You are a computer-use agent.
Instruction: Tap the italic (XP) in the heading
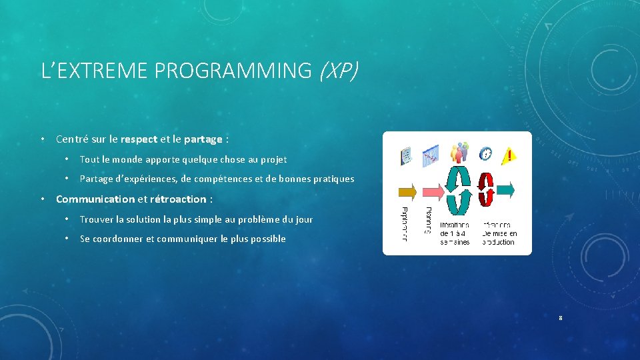pos(338,70)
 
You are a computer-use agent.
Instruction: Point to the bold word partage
pos(203,139)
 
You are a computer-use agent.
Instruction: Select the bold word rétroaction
pos(178,199)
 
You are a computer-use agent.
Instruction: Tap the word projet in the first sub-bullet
pos(273,159)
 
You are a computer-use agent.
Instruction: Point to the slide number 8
pos(561,318)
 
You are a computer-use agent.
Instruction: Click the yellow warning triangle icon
pos(508,156)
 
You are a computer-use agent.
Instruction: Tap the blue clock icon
pos(486,154)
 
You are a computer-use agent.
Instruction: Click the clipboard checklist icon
pos(405,156)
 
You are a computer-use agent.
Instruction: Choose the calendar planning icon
pos(430,155)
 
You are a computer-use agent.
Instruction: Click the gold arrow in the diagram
pos(407,192)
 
